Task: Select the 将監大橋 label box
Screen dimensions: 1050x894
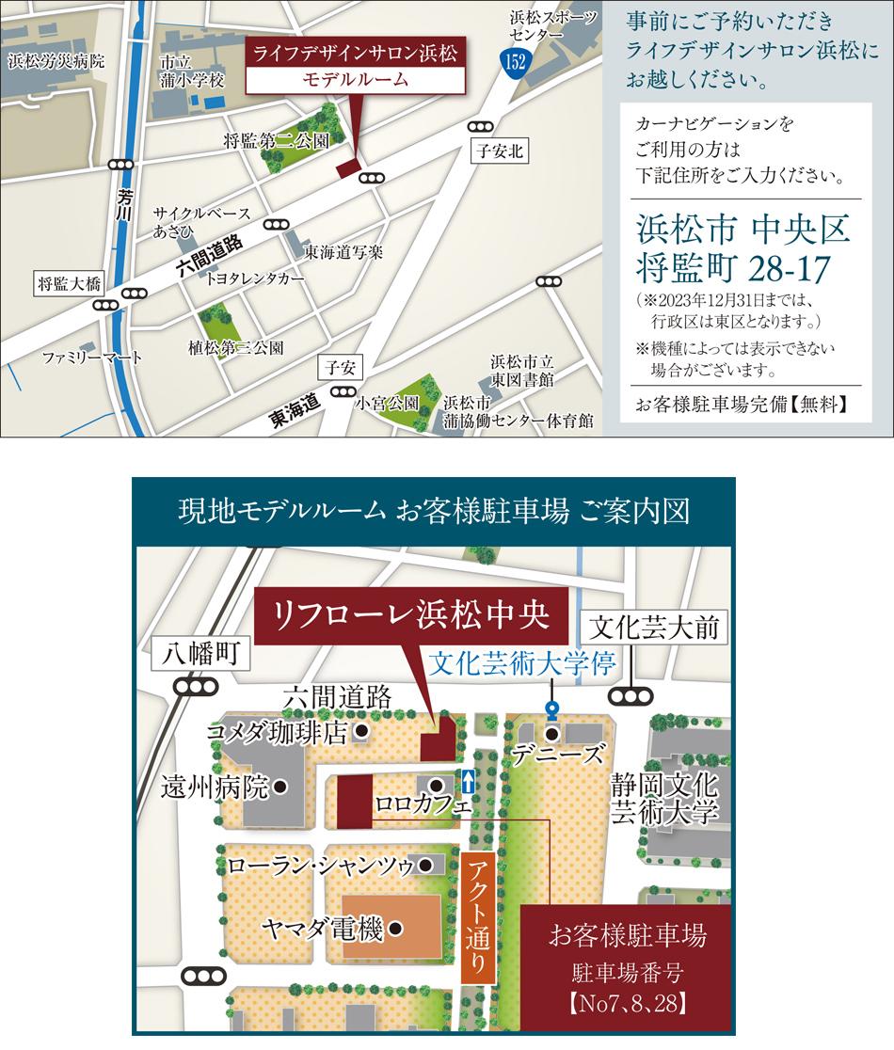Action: point(69,283)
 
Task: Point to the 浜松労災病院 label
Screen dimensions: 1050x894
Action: point(56,62)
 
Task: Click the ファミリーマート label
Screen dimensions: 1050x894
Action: point(92,358)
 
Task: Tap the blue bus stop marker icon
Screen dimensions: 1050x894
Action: point(551,708)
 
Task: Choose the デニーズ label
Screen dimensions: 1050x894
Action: point(569,754)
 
